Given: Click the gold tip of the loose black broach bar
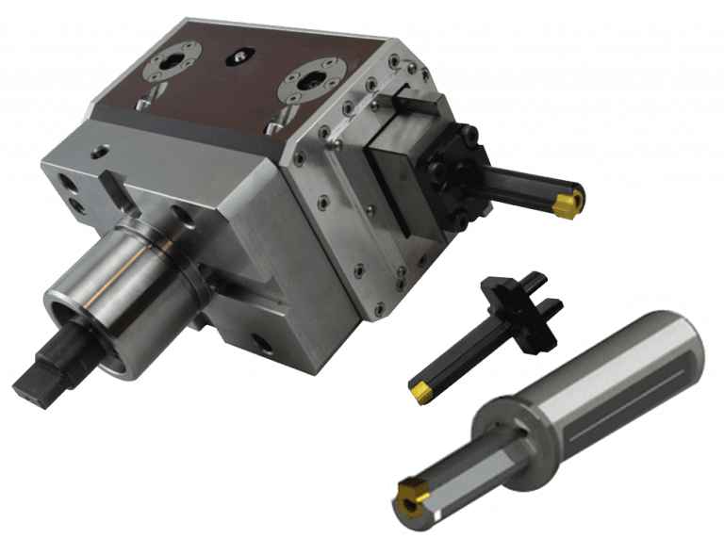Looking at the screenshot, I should pyautogui.click(x=420, y=388).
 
